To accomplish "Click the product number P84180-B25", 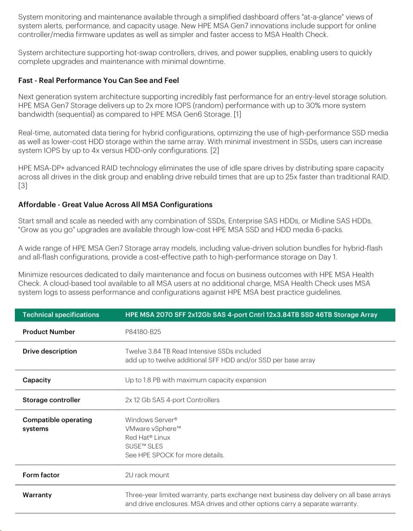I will click(143, 332).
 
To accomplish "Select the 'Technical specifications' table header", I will click(61, 315).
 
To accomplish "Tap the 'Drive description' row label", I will click(50, 351).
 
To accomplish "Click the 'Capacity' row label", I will click(37, 380).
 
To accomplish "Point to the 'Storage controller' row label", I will click(51, 400).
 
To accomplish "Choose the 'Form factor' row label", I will click(41, 475).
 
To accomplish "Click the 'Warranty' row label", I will click(37, 495).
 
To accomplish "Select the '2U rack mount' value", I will click(147, 475).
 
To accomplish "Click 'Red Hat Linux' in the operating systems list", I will click(148, 437).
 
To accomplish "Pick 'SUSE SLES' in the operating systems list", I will click(144, 446).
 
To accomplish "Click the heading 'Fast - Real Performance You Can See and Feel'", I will click(98, 81).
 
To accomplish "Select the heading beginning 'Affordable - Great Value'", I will click(115, 205).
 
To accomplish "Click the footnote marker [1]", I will click(237, 114).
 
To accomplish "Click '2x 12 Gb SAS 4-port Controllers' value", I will click(172, 400).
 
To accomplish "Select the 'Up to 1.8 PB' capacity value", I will click(195, 380).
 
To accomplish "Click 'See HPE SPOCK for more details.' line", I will click(174, 455).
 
